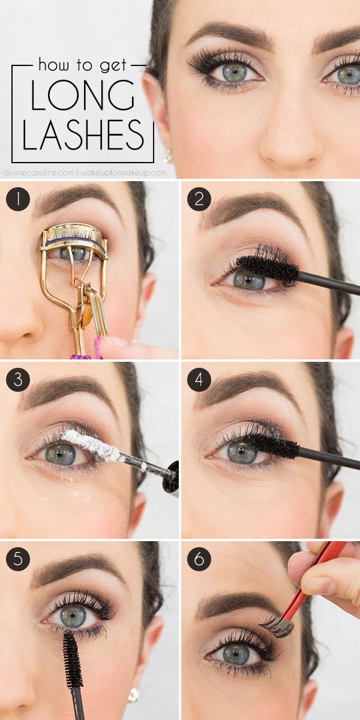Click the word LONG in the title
(x=83, y=97)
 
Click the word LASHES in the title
(x=83, y=134)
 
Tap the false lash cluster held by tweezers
(x=277, y=626)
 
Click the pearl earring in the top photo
(x=168, y=158)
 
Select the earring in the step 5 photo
(x=134, y=694)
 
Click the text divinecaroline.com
(x=43, y=173)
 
